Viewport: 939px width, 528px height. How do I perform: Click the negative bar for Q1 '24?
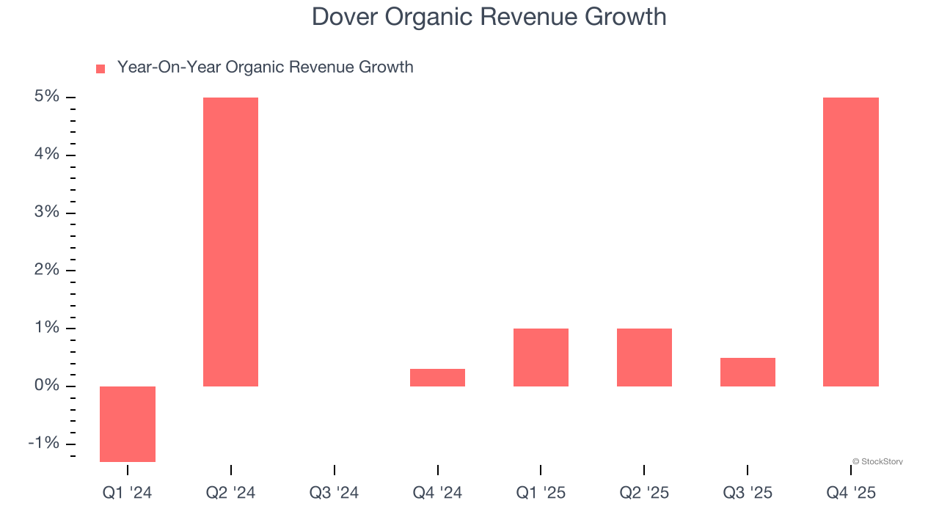click(128, 424)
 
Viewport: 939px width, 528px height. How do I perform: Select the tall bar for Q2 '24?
click(230, 242)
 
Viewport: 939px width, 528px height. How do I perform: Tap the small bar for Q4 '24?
click(437, 378)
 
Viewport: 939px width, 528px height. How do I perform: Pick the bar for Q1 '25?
click(541, 357)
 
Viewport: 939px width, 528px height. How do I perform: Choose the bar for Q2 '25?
click(644, 357)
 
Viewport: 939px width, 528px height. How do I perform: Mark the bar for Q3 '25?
click(748, 372)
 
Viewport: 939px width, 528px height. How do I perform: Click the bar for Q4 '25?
click(850, 242)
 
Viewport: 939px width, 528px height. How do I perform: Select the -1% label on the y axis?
click(44, 444)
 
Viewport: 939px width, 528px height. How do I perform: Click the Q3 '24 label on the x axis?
click(334, 493)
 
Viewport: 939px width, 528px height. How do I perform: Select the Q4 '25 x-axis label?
click(851, 493)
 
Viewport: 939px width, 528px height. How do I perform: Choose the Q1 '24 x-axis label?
click(127, 493)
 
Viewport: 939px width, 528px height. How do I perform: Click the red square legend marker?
click(101, 68)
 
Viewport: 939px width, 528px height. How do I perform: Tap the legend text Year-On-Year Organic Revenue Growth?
click(265, 67)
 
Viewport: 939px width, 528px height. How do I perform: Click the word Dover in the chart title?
click(343, 17)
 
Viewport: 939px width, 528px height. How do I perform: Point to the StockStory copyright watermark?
click(877, 461)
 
